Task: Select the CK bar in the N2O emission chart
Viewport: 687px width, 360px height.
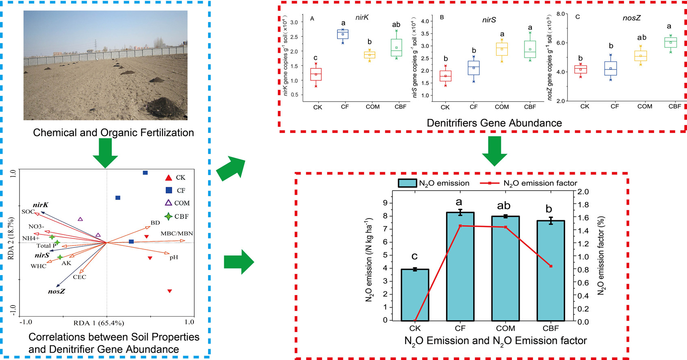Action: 415,295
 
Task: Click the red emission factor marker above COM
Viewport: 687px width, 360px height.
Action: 505,227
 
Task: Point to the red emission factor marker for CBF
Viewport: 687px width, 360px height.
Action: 551,266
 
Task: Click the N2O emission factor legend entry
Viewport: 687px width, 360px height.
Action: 528,183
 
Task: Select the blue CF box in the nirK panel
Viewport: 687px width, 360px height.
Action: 342,34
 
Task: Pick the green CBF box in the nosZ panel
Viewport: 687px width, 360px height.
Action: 670,42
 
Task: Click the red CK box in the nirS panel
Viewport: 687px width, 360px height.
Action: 445,76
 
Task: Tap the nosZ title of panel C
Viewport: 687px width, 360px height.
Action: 631,18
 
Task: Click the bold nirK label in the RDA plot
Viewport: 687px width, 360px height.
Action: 41,205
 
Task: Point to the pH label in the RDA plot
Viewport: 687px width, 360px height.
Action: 174,257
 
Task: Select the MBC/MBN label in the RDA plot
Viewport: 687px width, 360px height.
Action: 177,234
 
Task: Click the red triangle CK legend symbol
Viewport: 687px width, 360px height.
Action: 169,178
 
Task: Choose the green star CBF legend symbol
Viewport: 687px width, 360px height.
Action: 168,217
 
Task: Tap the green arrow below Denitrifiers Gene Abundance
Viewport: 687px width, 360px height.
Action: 494,151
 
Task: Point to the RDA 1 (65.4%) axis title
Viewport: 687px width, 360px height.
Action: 99,323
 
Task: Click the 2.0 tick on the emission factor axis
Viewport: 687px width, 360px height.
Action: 583,192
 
